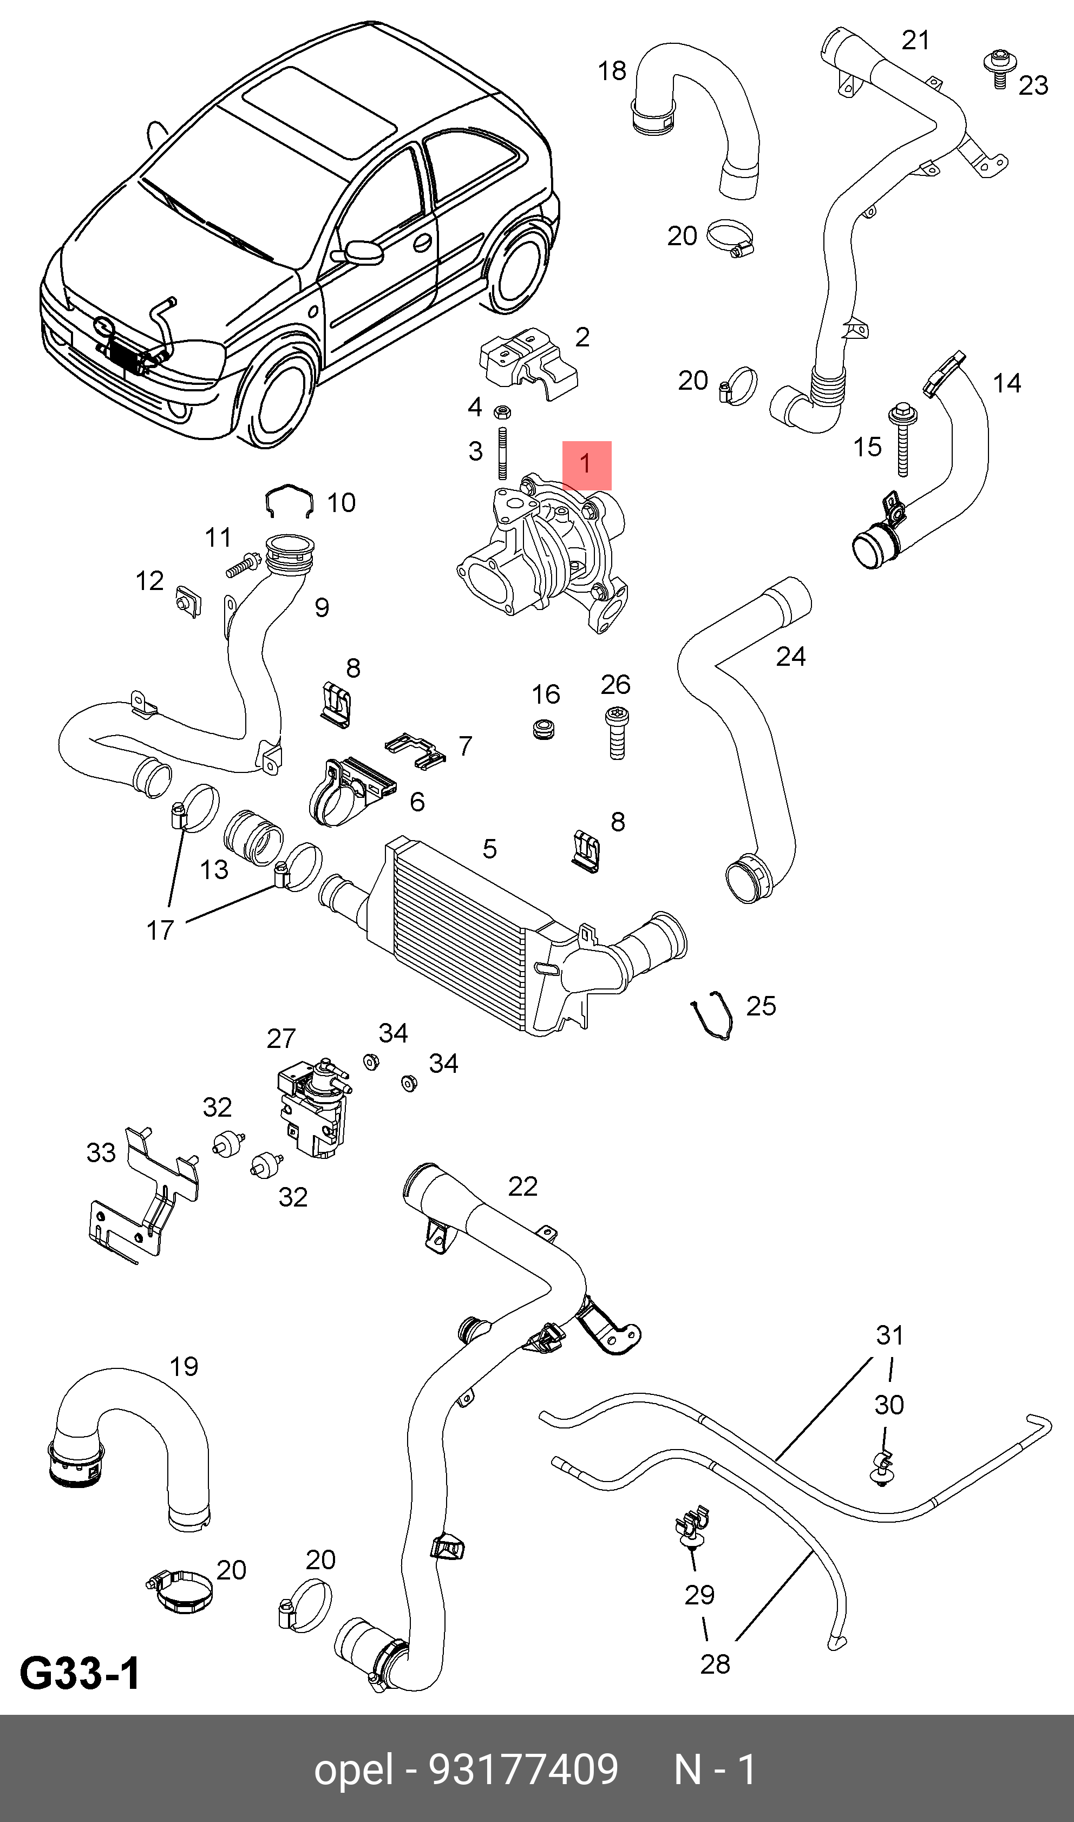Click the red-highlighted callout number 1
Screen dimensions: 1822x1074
[x=586, y=464]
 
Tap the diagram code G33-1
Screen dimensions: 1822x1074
[x=80, y=1673]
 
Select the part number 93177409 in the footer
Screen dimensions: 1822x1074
[x=523, y=1769]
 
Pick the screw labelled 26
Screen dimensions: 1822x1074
[x=617, y=732]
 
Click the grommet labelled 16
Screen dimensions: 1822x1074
[x=543, y=728]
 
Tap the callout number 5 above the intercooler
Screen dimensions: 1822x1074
[x=490, y=848]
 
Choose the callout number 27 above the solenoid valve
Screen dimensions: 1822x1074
[x=281, y=1038]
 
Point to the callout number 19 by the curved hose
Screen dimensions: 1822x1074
[x=184, y=1366]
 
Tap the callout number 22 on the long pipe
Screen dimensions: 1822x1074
[x=522, y=1186]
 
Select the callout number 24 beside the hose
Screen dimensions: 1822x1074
[x=790, y=656]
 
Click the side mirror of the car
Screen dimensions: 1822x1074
[x=363, y=252]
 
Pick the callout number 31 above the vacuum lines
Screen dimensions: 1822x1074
[x=889, y=1335]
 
